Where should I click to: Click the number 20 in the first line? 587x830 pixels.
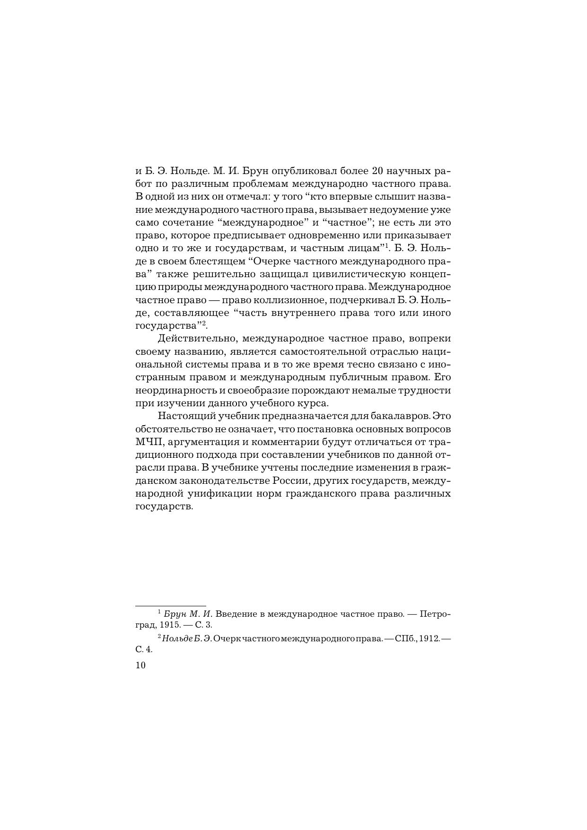373,170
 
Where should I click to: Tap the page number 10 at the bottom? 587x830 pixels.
140,665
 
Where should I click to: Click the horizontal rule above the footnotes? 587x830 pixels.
171,605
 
